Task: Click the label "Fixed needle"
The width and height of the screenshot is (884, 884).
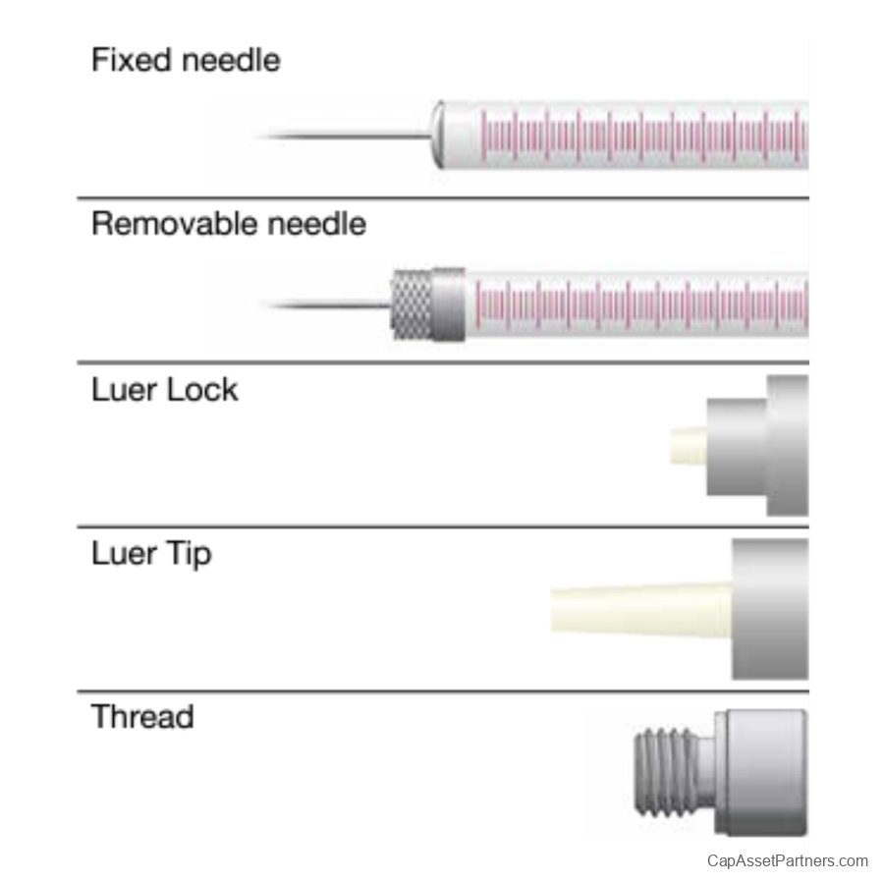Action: (186, 60)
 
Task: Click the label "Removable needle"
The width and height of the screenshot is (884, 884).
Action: (228, 224)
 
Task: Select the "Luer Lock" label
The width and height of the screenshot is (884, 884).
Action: (164, 390)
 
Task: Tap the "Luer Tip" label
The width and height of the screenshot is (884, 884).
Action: (150, 554)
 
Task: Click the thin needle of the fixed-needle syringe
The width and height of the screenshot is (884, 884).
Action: (344, 135)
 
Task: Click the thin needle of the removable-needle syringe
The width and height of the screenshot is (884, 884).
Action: (329, 306)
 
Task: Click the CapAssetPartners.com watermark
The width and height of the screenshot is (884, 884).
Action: (788, 860)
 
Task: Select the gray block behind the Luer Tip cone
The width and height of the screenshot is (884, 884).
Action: (770, 609)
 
